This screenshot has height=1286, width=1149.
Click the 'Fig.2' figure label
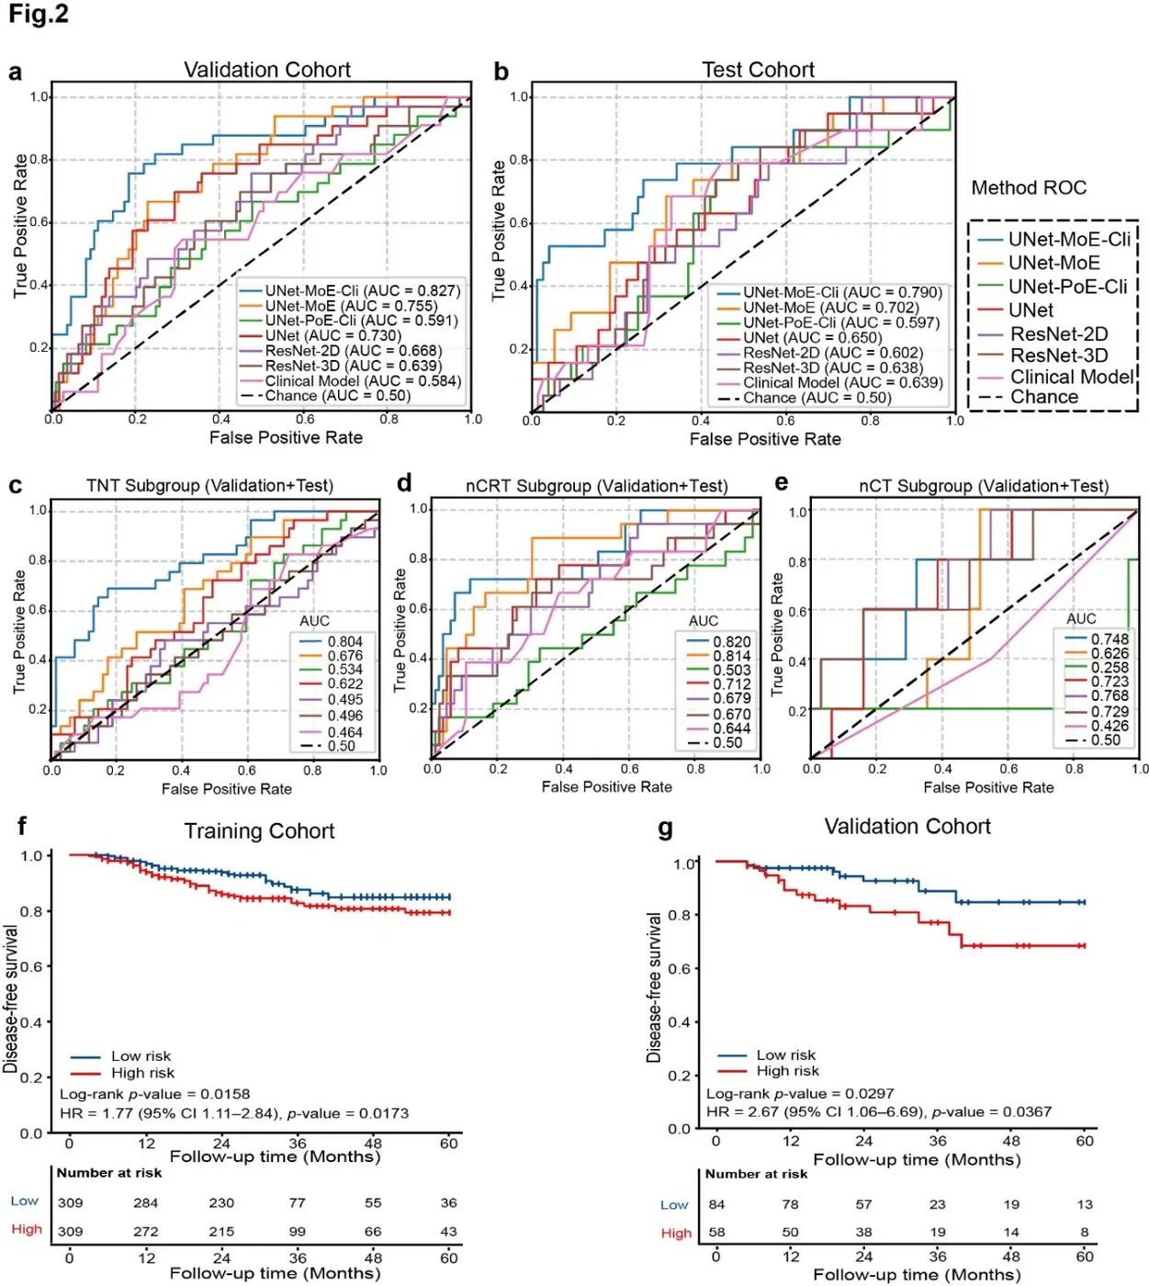pyautogui.click(x=38, y=14)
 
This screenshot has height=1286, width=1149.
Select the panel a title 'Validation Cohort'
pyautogui.click(x=266, y=70)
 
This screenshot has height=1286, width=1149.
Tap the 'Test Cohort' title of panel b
pyautogui.click(x=758, y=70)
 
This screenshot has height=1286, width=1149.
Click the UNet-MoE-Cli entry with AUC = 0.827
pyautogui.click(x=363, y=290)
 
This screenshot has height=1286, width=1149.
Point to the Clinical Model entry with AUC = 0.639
pyautogui.click(x=843, y=383)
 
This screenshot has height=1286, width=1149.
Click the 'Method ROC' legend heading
pyautogui.click(x=1029, y=188)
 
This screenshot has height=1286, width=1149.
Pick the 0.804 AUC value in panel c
pyautogui.click(x=345, y=642)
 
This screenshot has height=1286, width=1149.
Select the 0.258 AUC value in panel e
pyautogui.click(x=1110, y=667)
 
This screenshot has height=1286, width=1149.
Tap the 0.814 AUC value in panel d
pyautogui.click(x=732, y=656)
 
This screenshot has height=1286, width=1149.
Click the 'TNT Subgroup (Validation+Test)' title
pyautogui.click(x=209, y=486)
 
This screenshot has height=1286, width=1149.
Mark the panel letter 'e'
pyautogui.click(x=782, y=483)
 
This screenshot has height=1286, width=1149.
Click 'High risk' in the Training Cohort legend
pyautogui.click(x=142, y=1073)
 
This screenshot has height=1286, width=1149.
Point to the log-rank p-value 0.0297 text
pyautogui.click(x=800, y=1093)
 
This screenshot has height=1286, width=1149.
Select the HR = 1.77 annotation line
pyautogui.click(x=234, y=1112)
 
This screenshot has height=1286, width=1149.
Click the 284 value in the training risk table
pyautogui.click(x=145, y=1202)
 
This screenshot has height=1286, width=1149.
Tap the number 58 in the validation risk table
pyautogui.click(x=716, y=1232)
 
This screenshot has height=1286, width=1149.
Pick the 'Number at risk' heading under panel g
pyautogui.click(x=756, y=1174)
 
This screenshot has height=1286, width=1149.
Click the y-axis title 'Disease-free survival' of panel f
pyautogui.click(x=10, y=999)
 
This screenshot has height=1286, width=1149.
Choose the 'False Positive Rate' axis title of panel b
pyautogui.click(x=765, y=438)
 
